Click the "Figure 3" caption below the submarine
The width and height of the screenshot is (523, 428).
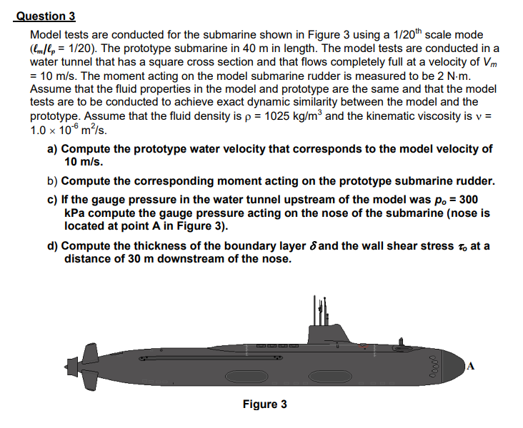pos(264,404)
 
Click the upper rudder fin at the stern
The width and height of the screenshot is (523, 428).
pos(91,352)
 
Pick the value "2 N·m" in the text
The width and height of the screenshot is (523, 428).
pos(442,75)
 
